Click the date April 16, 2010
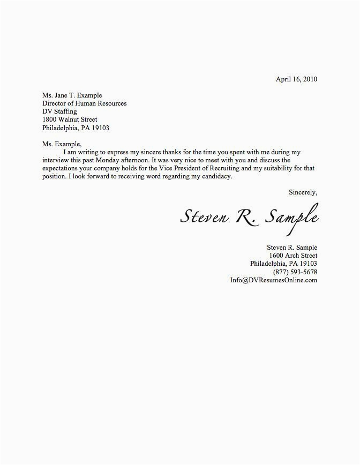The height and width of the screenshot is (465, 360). click(x=296, y=79)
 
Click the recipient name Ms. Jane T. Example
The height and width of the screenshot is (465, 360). click(x=72, y=95)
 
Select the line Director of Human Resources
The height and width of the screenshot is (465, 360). click(x=85, y=103)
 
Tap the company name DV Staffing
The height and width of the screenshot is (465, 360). click(x=59, y=111)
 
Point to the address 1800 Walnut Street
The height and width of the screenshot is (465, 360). click(x=70, y=119)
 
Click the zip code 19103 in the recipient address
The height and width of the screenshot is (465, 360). click(x=100, y=128)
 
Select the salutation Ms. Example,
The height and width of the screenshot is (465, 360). click(x=62, y=144)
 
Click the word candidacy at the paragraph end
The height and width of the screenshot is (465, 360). click(x=216, y=176)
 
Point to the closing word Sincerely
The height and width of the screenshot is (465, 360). click(x=303, y=191)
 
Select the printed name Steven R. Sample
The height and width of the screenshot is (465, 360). click(x=292, y=247)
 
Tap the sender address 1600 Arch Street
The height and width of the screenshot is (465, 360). click(x=294, y=256)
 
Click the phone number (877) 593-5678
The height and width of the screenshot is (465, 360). click(x=295, y=272)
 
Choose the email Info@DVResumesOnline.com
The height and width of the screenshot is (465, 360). click(x=274, y=280)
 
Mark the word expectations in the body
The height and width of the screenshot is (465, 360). click(x=61, y=168)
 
